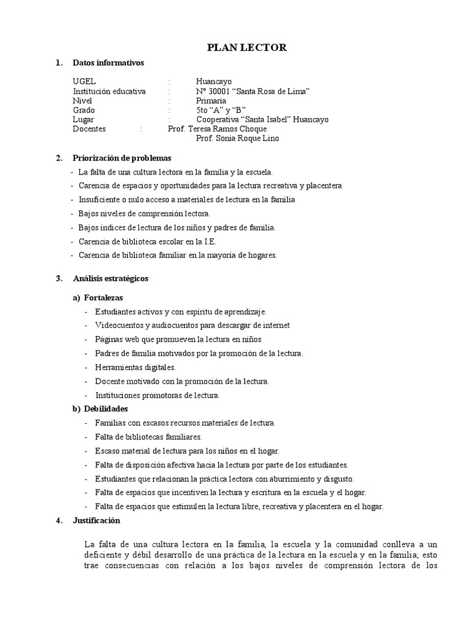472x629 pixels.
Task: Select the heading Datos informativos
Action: tap(108, 63)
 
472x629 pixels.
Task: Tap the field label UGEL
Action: tap(84, 81)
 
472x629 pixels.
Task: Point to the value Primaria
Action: tap(211, 101)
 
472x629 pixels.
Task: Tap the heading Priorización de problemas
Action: tap(122, 158)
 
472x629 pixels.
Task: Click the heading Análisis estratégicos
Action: tap(111, 278)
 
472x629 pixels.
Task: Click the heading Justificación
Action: tap(96, 521)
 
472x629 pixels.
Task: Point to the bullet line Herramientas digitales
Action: tap(136, 367)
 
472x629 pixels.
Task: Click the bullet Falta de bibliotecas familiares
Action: tap(149, 437)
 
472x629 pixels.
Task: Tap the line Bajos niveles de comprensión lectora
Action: tap(144, 214)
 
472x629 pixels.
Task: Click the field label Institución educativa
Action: tap(109, 91)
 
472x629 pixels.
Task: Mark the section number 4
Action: tap(58, 521)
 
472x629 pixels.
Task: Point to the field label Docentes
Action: tap(89, 129)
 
